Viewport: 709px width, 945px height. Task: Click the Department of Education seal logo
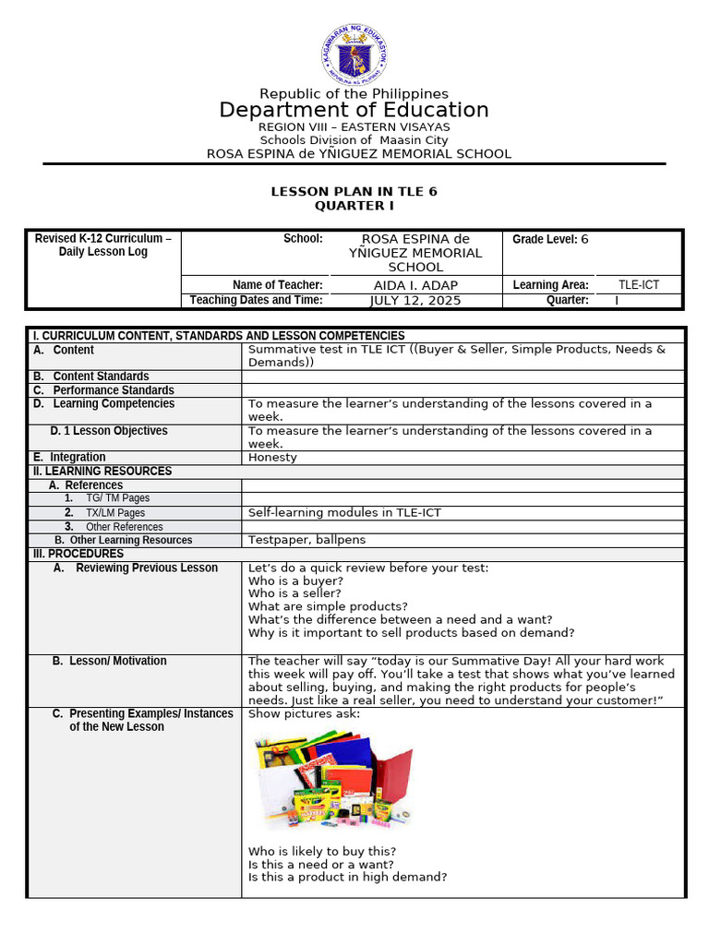354,53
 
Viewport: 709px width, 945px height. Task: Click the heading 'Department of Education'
354,111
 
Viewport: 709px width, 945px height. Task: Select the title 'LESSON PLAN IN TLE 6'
354,191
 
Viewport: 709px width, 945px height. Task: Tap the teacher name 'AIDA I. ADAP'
415,285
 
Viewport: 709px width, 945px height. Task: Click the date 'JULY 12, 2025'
415,300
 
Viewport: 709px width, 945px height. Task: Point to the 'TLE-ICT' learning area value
638,285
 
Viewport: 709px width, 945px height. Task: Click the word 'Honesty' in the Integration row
272,457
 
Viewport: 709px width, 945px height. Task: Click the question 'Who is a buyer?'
295,580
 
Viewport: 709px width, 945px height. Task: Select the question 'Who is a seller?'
294,593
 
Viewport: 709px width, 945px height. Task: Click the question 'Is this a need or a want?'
322,865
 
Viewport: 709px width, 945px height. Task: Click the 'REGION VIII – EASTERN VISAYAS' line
354,126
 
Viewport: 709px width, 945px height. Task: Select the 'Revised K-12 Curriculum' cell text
103,245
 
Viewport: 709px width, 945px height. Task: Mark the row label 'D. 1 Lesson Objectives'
109,431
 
